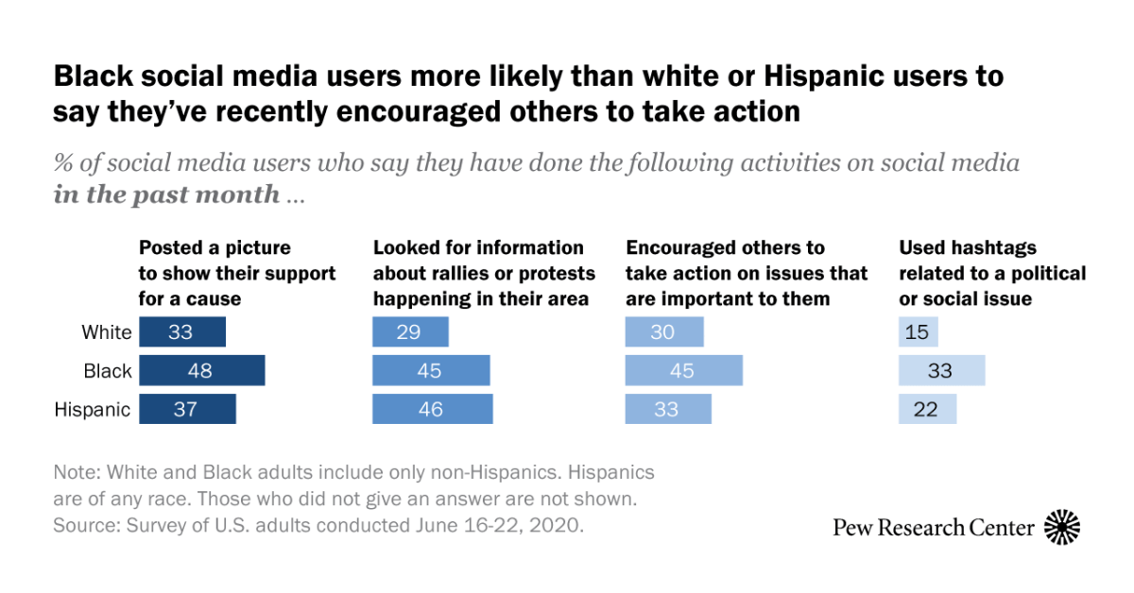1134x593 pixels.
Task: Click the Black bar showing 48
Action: click(201, 371)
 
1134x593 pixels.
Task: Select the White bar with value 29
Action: click(410, 332)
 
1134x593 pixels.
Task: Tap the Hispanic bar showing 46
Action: click(432, 409)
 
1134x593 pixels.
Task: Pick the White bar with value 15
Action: click(918, 332)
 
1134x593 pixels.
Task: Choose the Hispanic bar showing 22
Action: click(927, 409)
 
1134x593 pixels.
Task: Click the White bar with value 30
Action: click(663, 332)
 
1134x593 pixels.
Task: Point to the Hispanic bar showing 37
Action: click(187, 409)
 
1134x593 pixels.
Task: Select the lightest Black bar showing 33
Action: click(941, 371)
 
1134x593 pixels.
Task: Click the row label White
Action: click(107, 332)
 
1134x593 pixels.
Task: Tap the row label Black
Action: click(108, 371)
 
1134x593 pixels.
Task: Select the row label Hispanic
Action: click(93, 410)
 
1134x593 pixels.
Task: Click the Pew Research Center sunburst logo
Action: click(1061, 527)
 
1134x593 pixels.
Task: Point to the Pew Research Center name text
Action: click(933, 528)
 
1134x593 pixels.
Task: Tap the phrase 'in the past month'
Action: click(166, 195)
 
